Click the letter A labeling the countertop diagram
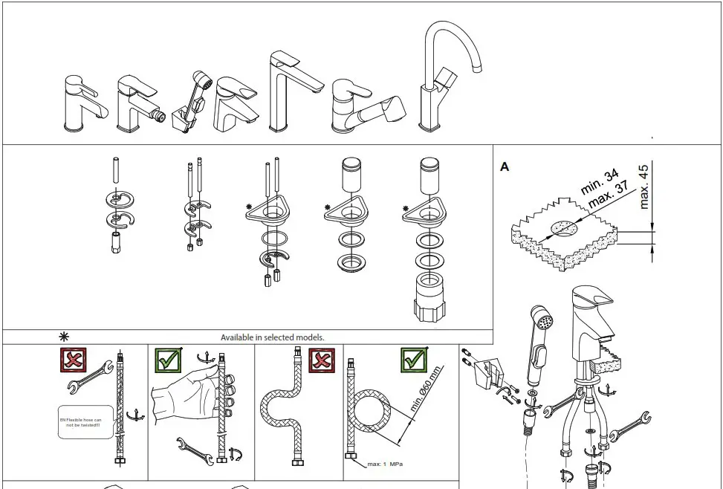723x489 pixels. pos(505,167)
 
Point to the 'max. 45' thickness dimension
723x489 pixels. pos(644,187)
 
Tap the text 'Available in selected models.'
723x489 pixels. pos(272,337)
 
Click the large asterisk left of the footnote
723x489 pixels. pos(65,337)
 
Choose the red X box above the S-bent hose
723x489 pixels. pos(320,360)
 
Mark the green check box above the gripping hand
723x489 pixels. pos(167,360)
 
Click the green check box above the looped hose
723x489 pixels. pos(414,360)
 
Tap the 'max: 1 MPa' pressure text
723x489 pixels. pos(384,465)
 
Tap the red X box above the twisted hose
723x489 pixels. pos(73,360)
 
